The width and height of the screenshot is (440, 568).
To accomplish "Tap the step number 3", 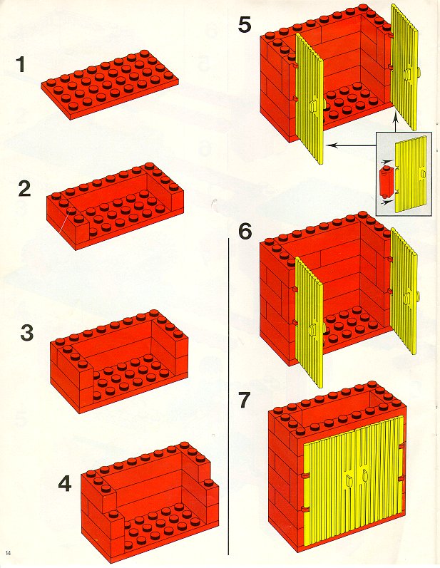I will tap(26, 332).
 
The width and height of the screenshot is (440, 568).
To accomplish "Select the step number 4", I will tap(65, 484).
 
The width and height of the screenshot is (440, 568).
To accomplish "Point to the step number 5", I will tap(245, 26).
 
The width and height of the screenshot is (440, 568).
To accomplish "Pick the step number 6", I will tap(245, 231).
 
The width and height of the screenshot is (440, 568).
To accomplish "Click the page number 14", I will tap(8, 553).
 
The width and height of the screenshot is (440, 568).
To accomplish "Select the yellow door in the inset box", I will tap(411, 175).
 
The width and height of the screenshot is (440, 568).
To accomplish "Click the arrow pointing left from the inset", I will tap(349, 145).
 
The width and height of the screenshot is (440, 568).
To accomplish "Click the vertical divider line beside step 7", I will tap(228, 399).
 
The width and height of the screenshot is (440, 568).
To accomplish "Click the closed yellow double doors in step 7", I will tap(353, 481).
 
